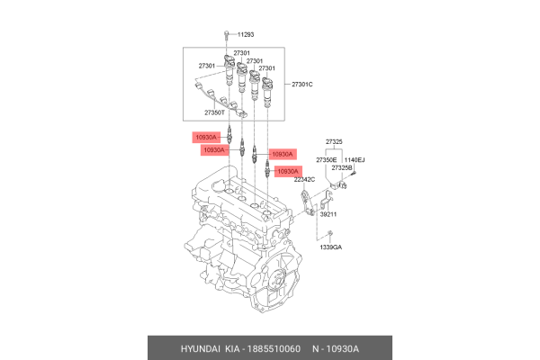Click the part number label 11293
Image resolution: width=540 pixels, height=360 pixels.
click(x=246, y=34)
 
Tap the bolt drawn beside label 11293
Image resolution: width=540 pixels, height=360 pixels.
click(x=224, y=36)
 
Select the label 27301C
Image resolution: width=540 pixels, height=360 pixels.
click(x=301, y=85)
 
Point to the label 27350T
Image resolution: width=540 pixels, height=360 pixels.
click(x=215, y=112)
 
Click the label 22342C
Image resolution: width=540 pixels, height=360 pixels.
click(x=292, y=180)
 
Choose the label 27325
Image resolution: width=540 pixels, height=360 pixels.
click(x=334, y=142)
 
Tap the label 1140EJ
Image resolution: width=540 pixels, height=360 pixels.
click(x=355, y=159)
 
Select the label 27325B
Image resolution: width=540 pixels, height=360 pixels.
click(x=341, y=167)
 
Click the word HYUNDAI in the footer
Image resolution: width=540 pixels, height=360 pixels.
click(x=192, y=347)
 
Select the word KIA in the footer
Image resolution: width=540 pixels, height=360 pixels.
click(x=233, y=347)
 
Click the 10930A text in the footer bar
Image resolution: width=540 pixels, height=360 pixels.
click(x=340, y=347)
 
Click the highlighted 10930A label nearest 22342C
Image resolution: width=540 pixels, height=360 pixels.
click(x=288, y=170)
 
